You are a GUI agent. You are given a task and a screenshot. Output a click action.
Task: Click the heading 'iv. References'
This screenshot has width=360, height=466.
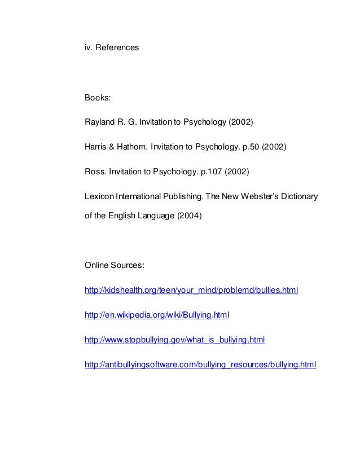111,49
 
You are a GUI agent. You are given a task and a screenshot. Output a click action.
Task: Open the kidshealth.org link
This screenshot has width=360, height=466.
191,291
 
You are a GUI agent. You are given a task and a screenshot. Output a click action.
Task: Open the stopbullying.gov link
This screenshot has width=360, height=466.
174,340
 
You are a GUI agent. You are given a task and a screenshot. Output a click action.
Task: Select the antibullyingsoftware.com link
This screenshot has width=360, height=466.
200,365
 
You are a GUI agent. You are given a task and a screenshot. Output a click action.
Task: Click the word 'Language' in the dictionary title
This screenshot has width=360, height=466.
152,216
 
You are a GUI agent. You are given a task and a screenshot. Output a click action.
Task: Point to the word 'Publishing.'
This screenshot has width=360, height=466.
185,197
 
